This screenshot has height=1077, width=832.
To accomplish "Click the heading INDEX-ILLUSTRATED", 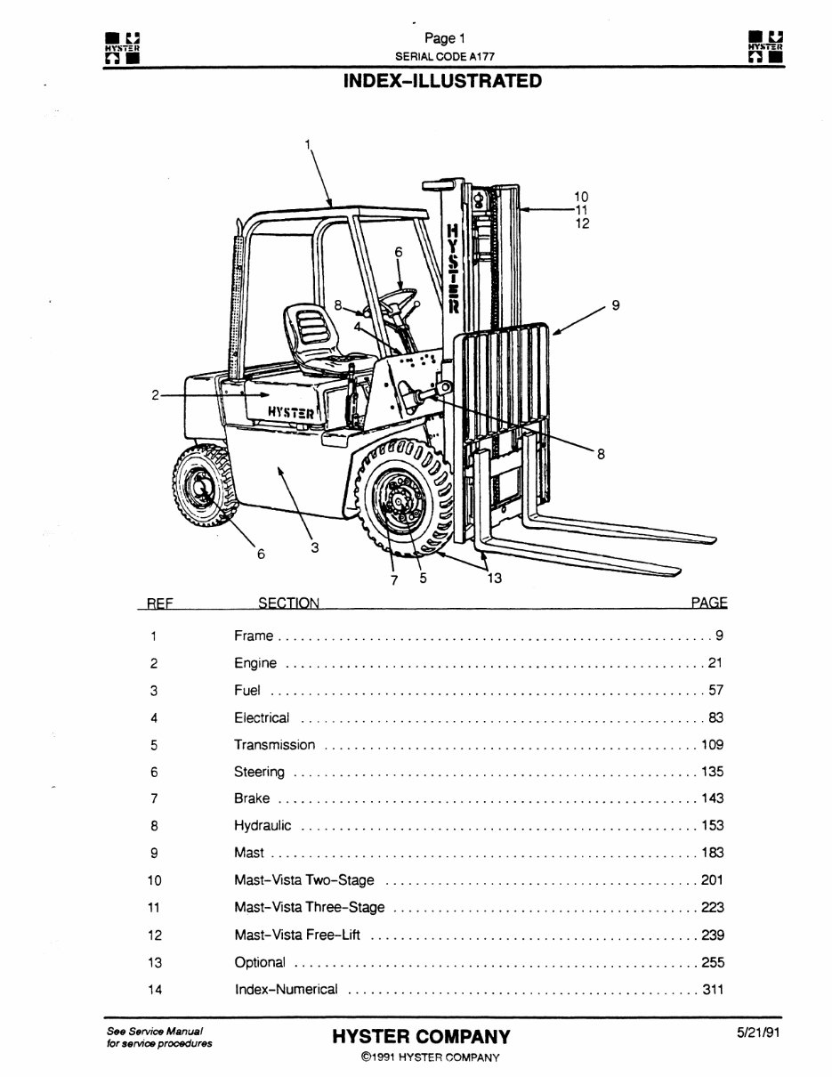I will pyautogui.click(x=441, y=81).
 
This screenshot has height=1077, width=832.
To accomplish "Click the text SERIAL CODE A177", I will pyautogui.click(x=445, y=55).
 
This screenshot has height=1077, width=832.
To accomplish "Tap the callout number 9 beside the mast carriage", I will pyautogui.click(x=615, y=305).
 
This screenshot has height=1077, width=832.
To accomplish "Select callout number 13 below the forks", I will pyautogui.click(x=495, y=578).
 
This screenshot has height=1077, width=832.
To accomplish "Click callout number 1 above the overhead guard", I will pyautogui.click(x=309, y=143).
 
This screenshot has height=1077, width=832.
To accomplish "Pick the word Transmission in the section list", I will pyautogui.click(x=274, y=745).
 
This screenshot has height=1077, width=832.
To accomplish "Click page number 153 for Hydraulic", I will pyautogui.click(x=713, y=825).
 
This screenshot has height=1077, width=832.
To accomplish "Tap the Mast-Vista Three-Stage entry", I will pyautogui.click(x=309, y=907).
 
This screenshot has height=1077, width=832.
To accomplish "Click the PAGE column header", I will pyautogui.click(x=709, y=603).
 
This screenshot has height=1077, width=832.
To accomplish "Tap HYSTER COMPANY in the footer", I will pyautogui.click(x=421, y=1037).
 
